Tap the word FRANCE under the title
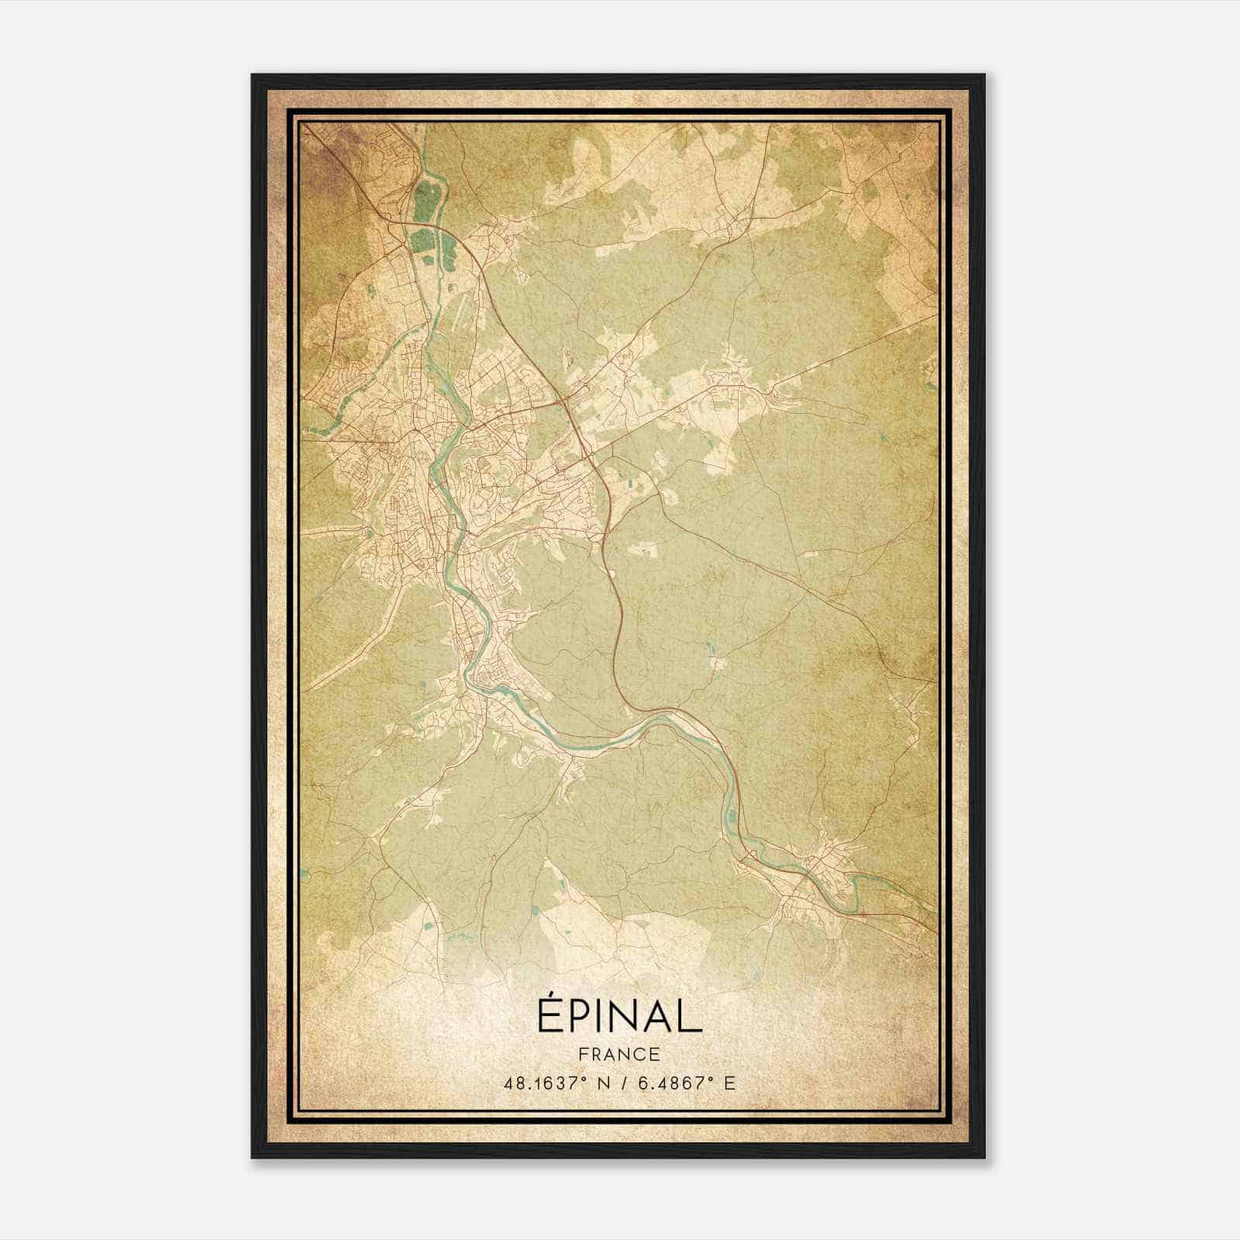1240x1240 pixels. pos(618,1054)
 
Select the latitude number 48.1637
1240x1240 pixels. pos(537,1083)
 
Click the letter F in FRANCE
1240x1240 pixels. pos(582,1054)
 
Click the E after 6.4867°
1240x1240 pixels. pos(728,1083)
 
